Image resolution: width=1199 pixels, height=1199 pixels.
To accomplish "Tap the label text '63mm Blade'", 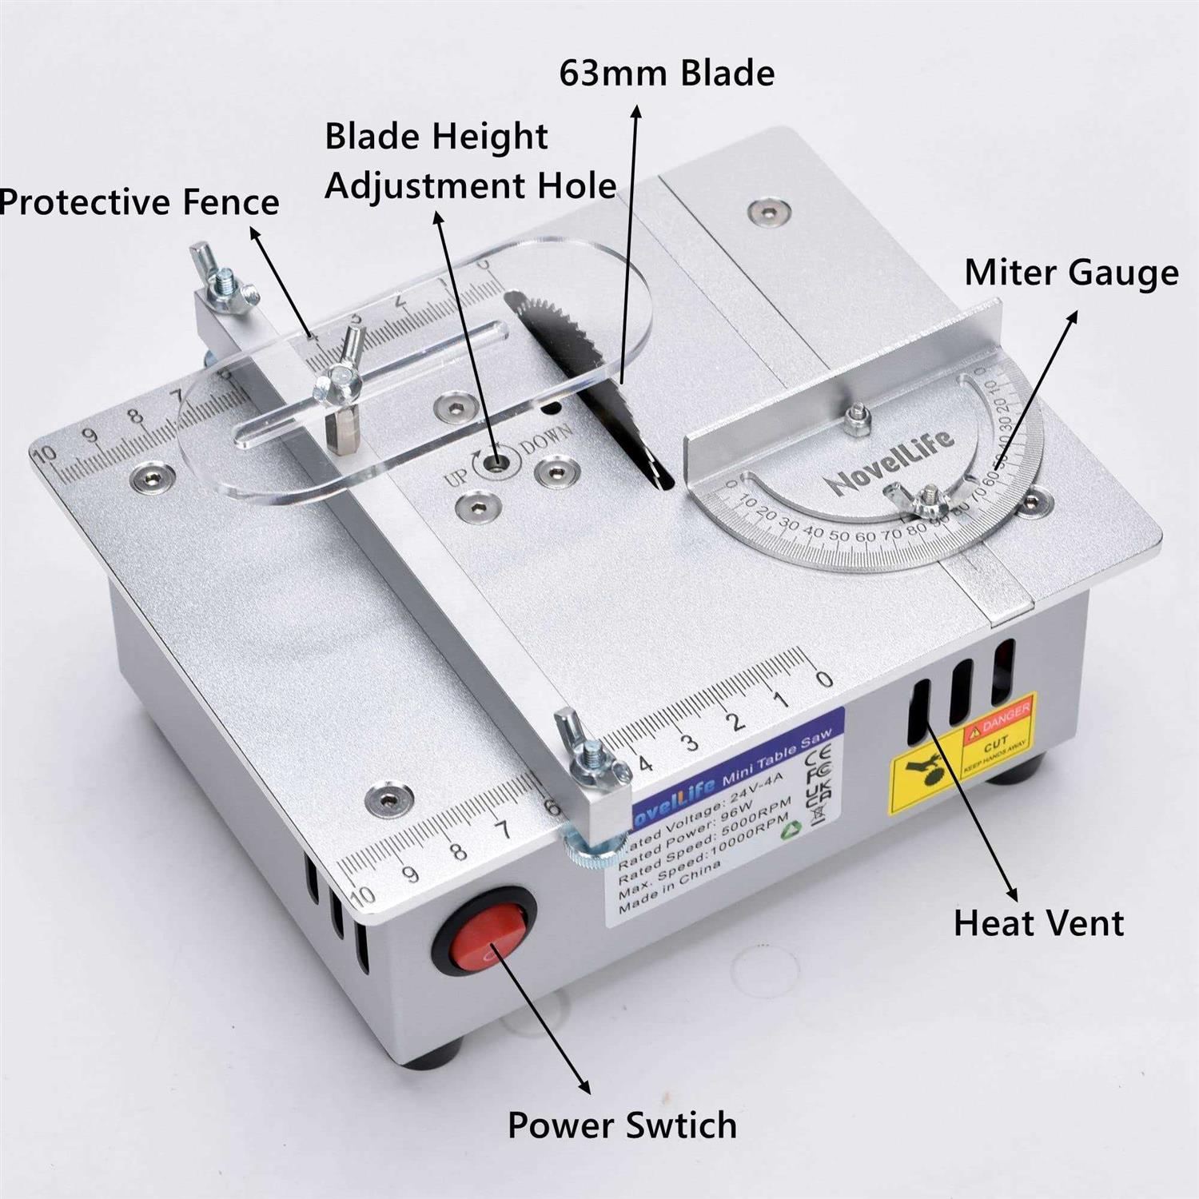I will coord(667,74).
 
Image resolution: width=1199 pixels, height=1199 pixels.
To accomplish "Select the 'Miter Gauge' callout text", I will coord(1071,273).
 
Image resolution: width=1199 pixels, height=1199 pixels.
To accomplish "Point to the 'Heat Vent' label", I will coord(1038,923).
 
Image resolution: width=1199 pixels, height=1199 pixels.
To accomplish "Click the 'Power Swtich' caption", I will coord(622,1125).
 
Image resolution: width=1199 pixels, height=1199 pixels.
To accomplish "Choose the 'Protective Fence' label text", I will coord(140,201).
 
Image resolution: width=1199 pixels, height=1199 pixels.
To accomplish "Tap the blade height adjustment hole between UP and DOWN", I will coord(498,463).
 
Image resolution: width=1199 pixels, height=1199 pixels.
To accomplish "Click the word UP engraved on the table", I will coord(456,478).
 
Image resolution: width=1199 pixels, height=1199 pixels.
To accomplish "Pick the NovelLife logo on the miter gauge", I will coord(890,461).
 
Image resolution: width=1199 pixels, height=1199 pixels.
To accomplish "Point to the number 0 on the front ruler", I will coord(824,679).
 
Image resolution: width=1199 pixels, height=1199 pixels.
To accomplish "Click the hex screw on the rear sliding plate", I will coord(766,212).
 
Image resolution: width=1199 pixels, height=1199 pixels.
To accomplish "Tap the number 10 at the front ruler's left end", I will coord(361,894).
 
